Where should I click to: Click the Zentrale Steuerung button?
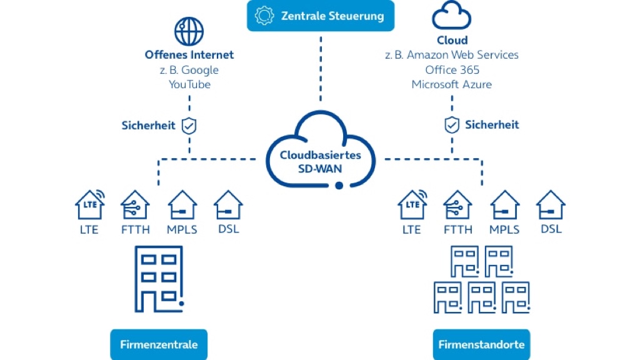tap(321, 16)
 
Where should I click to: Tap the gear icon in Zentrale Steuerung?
tap(266, 16)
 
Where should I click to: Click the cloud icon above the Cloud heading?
tap(451, 16)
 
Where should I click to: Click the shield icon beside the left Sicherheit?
tap(189, 126)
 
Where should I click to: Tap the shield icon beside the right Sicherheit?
tap(451, 126)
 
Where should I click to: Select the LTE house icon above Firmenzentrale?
tap(89, 204)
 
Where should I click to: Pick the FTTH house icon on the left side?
tap(135, 204)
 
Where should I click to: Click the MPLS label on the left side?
tap(182, 229)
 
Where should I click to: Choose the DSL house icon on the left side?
tap(228, 204)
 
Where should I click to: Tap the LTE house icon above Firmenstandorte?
tap(412, 204)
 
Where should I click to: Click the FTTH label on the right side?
tap(458, 229)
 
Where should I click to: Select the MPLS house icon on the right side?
tap(504, 204)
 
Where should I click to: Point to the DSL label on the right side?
tap(551, 229)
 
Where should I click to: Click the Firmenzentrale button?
tap(159, 344)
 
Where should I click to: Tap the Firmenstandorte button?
tap(481, 344)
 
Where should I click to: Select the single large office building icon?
tap(159, 278)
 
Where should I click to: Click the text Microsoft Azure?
tap(451, 84)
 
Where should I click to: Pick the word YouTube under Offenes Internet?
tap(189, 84)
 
